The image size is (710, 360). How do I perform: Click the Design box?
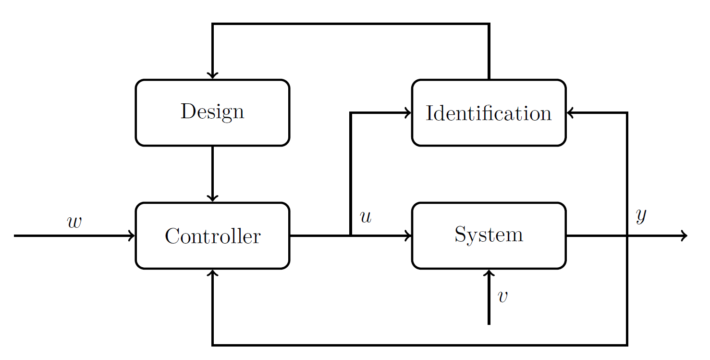[212, 112]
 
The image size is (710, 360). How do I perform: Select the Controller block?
[212, 236]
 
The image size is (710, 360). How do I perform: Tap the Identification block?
[489, 112]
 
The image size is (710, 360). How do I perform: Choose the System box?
[489, 236]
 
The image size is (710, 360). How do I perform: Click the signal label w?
[74, 222]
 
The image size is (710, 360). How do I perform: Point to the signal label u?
[366, 217]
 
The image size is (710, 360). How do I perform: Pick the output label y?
[641, 216]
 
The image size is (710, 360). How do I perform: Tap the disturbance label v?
[502, 297]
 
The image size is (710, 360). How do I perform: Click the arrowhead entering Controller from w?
[132, 236]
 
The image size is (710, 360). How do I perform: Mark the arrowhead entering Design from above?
[212, 75]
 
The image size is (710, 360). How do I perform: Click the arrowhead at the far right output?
[684, 236]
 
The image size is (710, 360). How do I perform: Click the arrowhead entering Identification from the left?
[408, 113]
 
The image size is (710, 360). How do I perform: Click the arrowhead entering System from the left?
[408, 236]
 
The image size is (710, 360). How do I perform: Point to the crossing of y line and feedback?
[627, 236]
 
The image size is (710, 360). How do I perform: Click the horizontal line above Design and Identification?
[351, 24]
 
